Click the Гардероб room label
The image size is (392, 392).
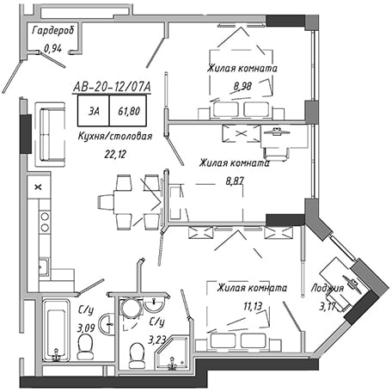pyautogui.click(x=53, y=30)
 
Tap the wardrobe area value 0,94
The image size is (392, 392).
pyautogui.click(x=52, y=49)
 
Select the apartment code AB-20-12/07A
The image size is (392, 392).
pyautogui.click(x=112, y=87)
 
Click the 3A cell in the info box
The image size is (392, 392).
pyautogui.click(x=94, y=111)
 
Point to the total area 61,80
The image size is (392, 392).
pyautogui.click(x=129, y=111)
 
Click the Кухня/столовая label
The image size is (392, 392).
pyautogui.click(x=115, y=136)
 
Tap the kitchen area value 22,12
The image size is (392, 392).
pyautogui.click(x=115, y=155)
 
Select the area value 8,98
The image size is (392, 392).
pyautogui.click(x=242, y=86)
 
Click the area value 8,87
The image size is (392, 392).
pyautogui.click(x=235, y=181)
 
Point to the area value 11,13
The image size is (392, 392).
pyautogui.click(x=253, y=306)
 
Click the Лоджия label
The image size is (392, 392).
pyautogui.click(x=328, y=288)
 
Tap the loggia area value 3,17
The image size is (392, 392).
pyautogui.click(x=328, y=307)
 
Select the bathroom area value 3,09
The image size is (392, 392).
pyautogui.click(x=86, y=328)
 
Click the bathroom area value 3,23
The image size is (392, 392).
pyautogui.click(x=156, y=340)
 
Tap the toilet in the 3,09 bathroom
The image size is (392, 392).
pyautogui.click(x=85, y=347)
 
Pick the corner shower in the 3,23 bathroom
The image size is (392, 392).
pyautogui.click(x=172, y=353)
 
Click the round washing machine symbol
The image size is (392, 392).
pyautogui.click(x=131, y=308)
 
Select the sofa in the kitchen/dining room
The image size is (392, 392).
pyautogui.click(x=51, y=134)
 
